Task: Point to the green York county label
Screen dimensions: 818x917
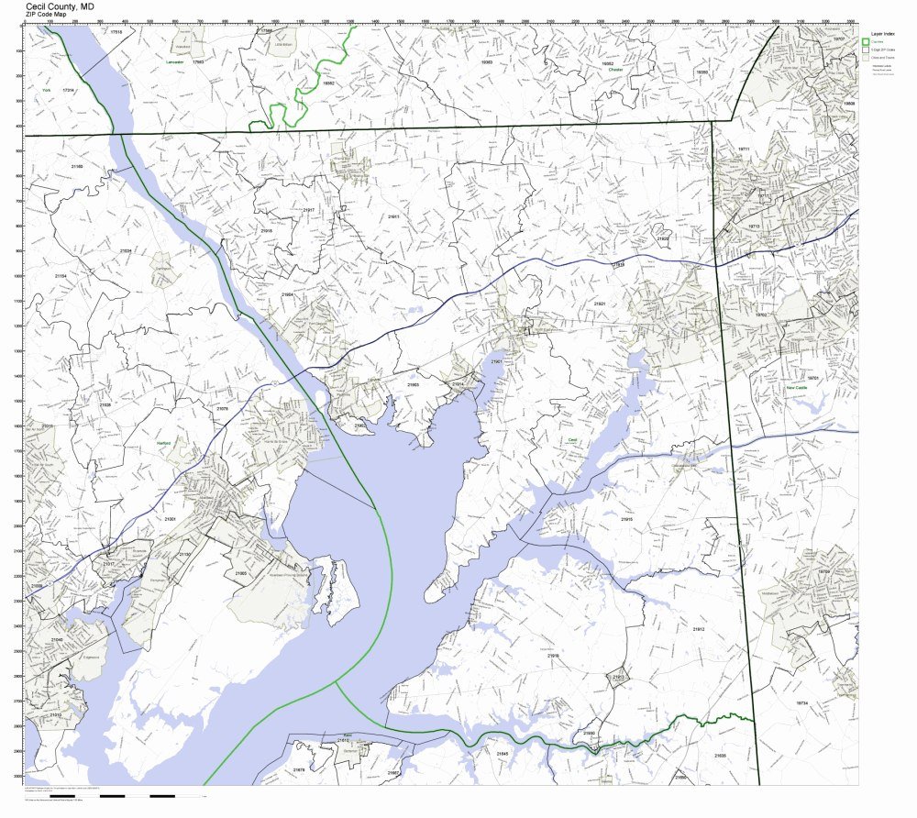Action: [45, 91]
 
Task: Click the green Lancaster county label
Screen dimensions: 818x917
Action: [174, 61]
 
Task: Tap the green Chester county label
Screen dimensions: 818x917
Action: [615, 69]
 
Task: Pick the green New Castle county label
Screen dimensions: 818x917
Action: [796, 388]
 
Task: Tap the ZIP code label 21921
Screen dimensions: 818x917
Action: [600, 303]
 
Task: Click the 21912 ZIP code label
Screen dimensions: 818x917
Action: [699, 630]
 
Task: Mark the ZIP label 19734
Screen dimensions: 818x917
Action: [801, 702]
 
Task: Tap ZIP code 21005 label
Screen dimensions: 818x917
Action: [240, 573]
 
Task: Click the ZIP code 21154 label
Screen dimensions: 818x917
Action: [61, 275]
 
